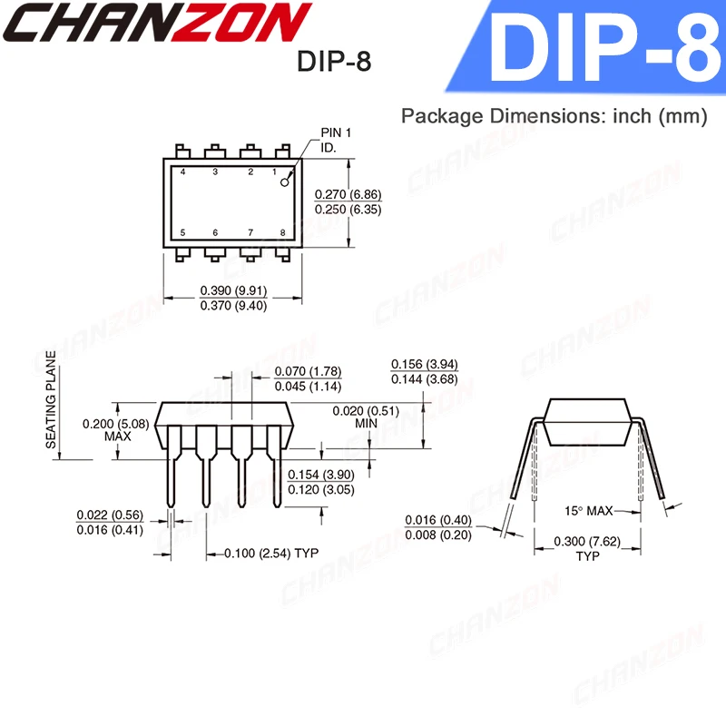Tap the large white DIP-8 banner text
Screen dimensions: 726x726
600,49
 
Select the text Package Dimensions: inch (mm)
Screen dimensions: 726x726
554,116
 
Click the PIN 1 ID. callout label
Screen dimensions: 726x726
335,140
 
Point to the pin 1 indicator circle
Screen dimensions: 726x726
284,182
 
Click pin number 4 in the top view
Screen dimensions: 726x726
183,172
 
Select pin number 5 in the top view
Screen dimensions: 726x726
183,233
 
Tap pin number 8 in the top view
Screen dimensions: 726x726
283,233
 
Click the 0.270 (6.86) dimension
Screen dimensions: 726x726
348,195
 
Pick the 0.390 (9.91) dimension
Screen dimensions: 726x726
232,290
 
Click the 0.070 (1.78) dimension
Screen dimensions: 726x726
308,372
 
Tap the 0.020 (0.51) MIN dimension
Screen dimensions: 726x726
366,417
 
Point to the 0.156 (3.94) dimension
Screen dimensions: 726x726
424,364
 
